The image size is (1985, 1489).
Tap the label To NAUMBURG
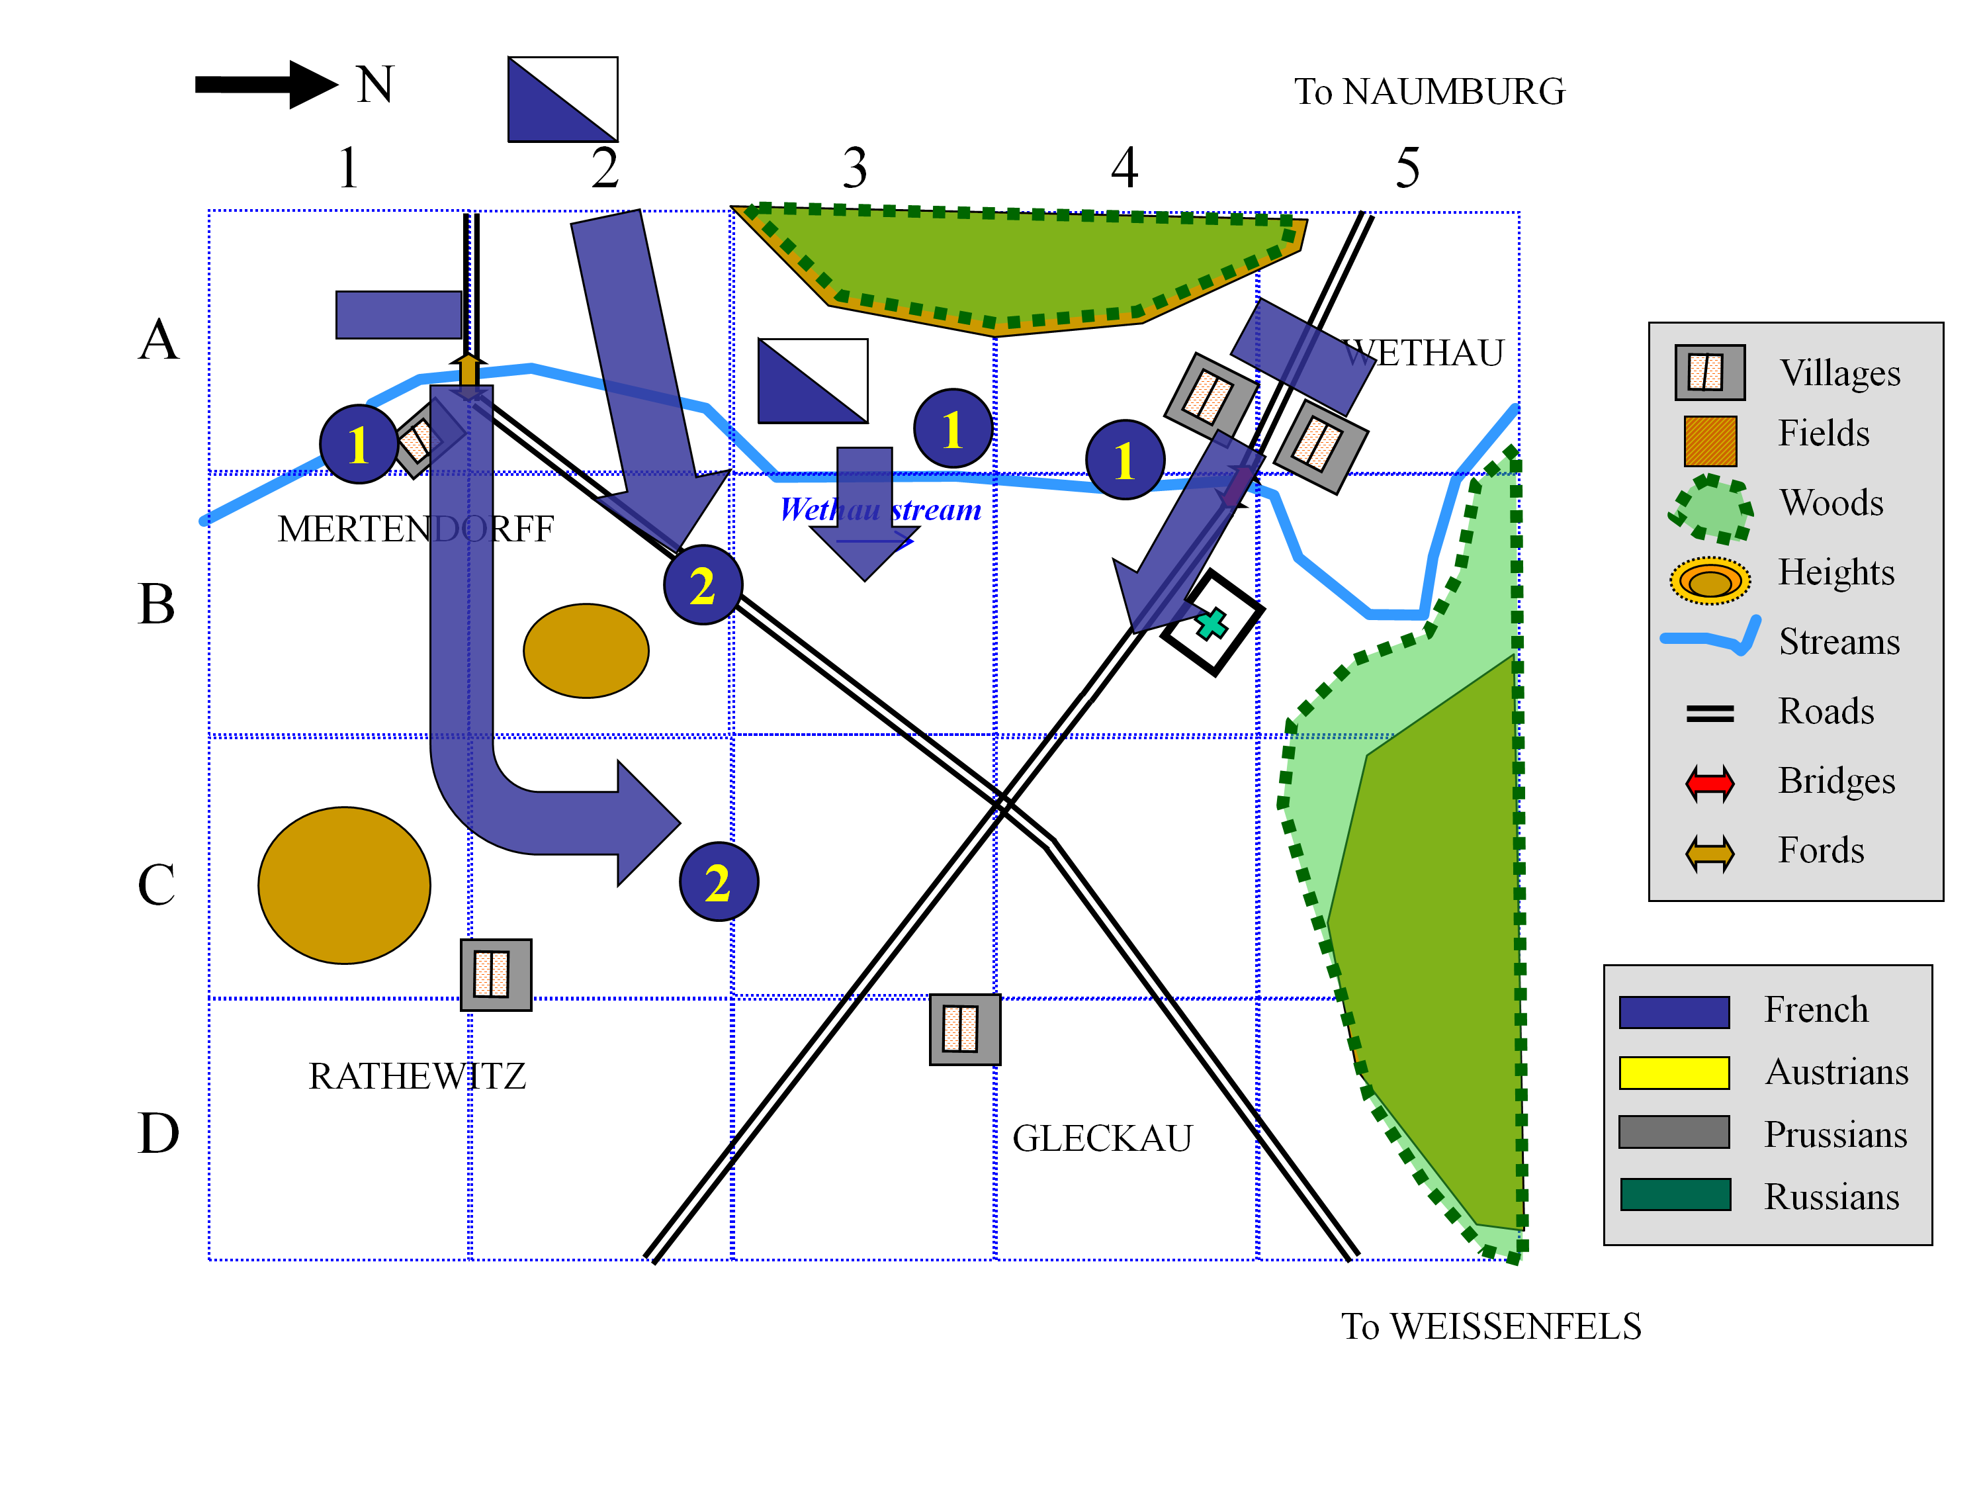(1429, 91)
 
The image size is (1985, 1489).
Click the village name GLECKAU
(1102, 1139)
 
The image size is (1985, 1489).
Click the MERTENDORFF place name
(416, 529)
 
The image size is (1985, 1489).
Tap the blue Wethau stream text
(879, 510)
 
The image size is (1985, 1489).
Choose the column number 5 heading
(1407, 168)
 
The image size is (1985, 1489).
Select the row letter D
(158, 1133)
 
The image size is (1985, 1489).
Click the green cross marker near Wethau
(1212, 623)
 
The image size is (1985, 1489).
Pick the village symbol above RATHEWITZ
(496, 975)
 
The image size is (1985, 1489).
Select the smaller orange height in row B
(586, 651)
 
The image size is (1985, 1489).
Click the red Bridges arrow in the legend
(1710, 784)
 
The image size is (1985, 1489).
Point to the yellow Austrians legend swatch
(1673, 1073)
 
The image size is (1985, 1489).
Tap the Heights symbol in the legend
(1710, 580)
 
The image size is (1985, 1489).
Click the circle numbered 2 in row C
(719, 881)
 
